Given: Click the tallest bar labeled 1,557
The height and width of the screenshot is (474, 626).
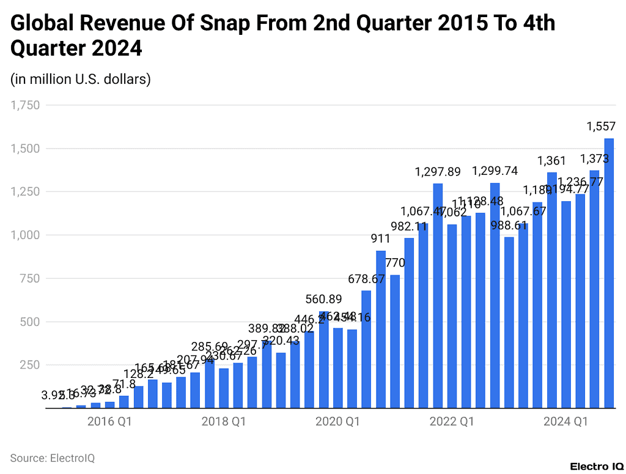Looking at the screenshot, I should point(609,273).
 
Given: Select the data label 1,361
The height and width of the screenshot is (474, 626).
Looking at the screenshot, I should point(552,161).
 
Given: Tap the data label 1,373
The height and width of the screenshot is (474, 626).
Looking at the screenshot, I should point(595,159).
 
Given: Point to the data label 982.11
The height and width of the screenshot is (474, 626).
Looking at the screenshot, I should point(409,226).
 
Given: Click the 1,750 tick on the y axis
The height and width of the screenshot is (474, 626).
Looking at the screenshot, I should point(25,105).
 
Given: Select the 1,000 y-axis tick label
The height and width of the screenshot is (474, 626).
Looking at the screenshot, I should point(25,235).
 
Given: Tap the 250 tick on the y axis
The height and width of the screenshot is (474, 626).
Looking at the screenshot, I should point(29,365).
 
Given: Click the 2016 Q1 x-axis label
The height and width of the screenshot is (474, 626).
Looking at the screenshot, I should point(109,421).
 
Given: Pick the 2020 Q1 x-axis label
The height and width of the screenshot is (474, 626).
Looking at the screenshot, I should point(337,421).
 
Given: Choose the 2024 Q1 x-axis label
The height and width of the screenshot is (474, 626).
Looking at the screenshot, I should point(565,421).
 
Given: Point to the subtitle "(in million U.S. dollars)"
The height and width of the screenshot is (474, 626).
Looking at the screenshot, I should point(80,79).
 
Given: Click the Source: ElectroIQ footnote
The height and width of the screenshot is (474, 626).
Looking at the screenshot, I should point(52,457).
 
